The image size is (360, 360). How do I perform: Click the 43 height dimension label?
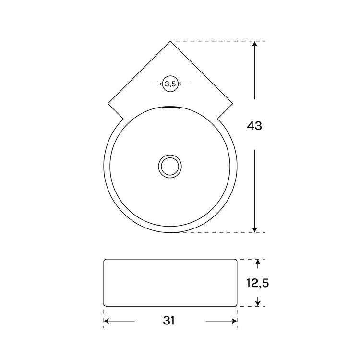(x=254, y=126)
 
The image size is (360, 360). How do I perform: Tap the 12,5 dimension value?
(x=258, y=283)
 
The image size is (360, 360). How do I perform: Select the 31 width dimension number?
(x=168, y=321)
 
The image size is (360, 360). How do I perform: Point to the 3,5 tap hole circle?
(x=170, y=84)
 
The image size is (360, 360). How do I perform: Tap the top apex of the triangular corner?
(x=170, y=42)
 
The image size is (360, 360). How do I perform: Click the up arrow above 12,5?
(x=258, y=264)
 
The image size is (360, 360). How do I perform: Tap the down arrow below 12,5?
(x=258, y=302)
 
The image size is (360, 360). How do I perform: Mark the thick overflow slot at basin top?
(x=170, y=108)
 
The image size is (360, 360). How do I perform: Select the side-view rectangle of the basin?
(x=170, y=283)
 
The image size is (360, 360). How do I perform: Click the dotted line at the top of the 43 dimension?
(x=211, y=41)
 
